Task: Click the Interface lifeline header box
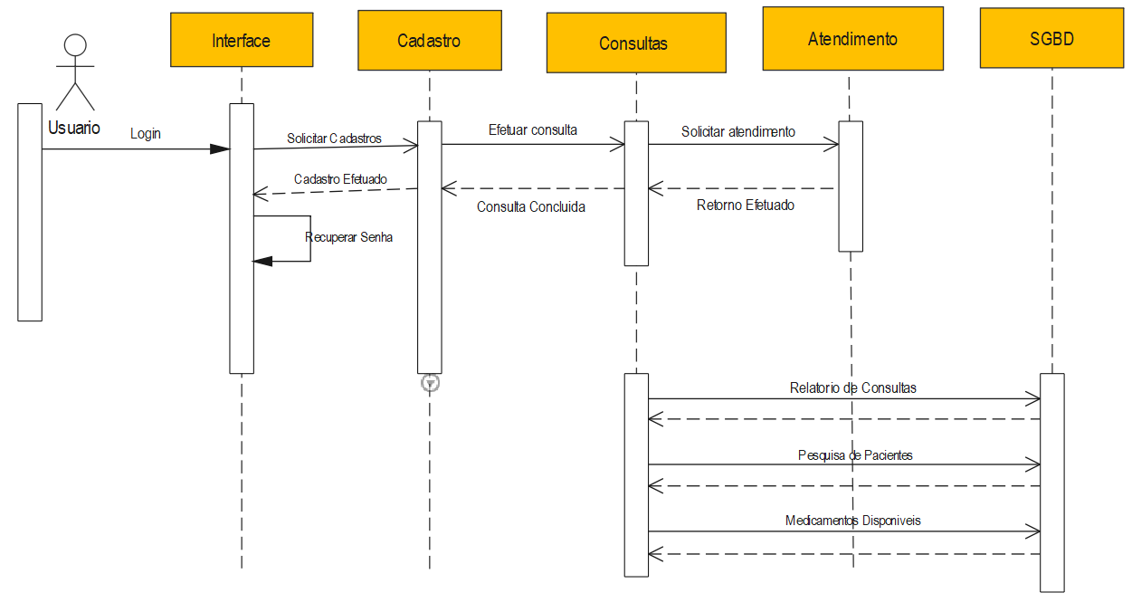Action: [242, 40]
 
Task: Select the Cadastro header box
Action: [429, 40]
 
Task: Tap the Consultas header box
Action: [635, 43]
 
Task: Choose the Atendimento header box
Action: [852, 38]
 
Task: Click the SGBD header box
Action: [1051, 38]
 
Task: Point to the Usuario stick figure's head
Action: [76, 45]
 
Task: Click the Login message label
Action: [145, 133]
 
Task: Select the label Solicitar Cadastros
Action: [334, 139]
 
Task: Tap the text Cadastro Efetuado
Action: [340, 179]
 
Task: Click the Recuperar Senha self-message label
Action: [349, 237]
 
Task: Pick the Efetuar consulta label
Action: [532, 129]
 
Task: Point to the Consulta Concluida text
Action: [530, 206]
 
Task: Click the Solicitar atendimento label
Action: [737, 131]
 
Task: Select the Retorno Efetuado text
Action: [745, 206]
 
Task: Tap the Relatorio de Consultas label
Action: [852, 387]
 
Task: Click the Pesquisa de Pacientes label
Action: [855, 454]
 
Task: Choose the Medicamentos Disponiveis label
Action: [852, 521]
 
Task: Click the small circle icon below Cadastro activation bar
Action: [431, 383]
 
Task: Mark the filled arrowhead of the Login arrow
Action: [220, 148]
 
